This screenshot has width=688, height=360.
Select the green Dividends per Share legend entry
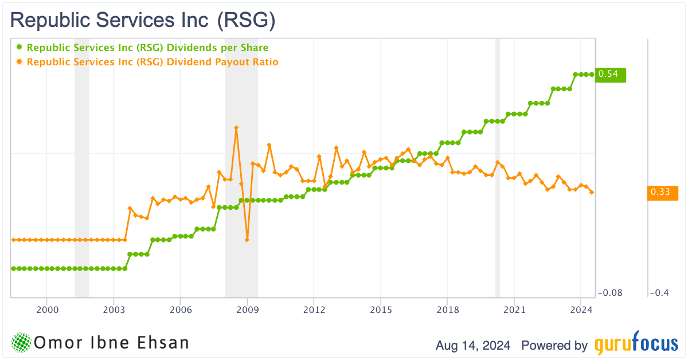[147, 48]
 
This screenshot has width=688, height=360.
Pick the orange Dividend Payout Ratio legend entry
[152, 62]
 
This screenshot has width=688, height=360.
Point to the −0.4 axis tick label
[659, 293]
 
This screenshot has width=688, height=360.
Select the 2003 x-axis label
[114, 310]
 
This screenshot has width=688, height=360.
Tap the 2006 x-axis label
[180, 310]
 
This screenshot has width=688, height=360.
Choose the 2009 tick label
[247, 310]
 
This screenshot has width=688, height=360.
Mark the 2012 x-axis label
[314, 310]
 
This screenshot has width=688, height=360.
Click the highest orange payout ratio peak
[236, 128]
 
